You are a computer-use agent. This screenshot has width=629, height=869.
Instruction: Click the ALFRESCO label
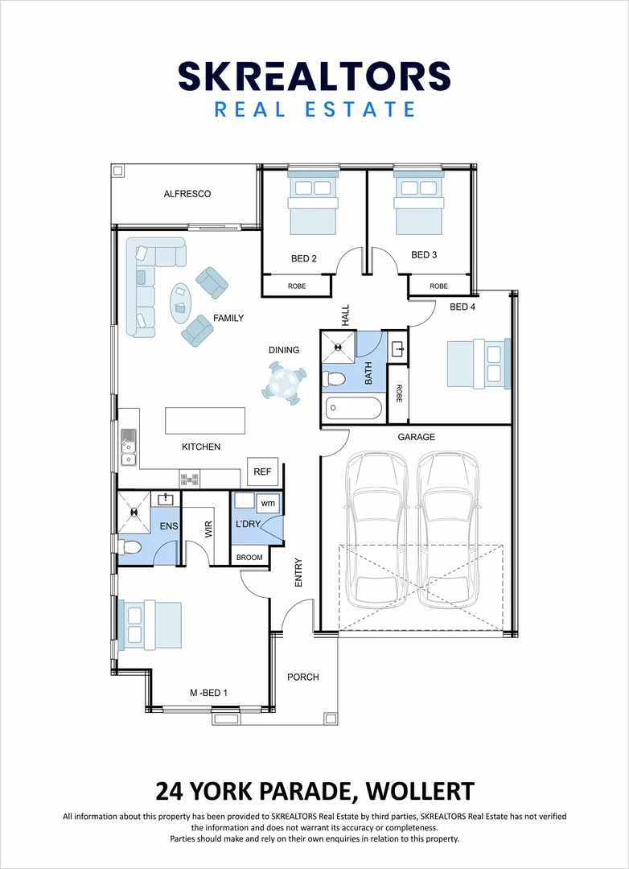pos(187,194)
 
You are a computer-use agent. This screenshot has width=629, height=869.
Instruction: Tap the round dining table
pos(284,382)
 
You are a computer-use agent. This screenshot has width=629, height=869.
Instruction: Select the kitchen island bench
pos(205,421)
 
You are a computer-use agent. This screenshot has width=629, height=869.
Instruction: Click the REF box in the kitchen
pos(262,472)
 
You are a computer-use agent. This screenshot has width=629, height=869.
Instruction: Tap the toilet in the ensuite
pos(130,547)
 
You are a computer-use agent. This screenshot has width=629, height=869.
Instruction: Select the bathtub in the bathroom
pos(354,409)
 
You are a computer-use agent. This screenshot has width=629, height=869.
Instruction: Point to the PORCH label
pos(303,677)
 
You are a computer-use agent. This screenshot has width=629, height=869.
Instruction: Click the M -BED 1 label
pos(209,693)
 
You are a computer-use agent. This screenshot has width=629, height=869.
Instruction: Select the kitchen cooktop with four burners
pos(190,480)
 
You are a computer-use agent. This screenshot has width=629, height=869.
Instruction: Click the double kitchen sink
pos(128,448)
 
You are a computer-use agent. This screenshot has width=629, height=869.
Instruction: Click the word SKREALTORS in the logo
pos(314,76)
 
